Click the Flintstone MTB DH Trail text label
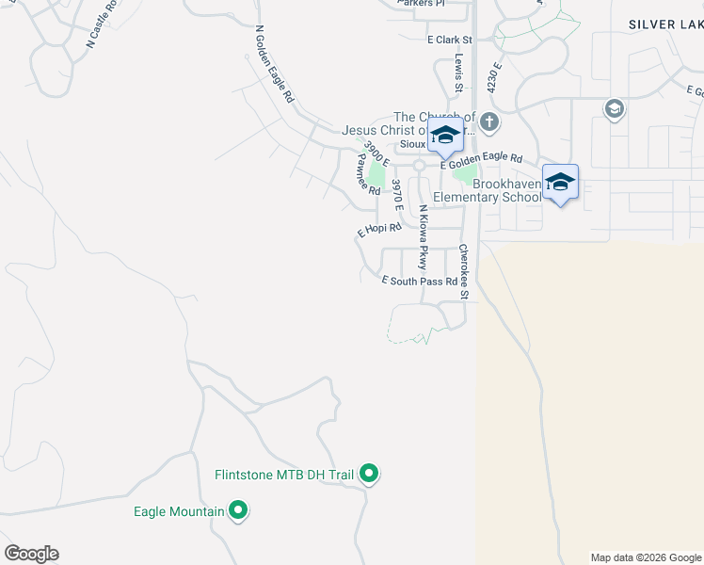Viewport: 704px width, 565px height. pos(283,476)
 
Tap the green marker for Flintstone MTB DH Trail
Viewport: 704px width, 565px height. pos(370,475)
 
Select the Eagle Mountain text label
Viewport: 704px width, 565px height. pos(179,512)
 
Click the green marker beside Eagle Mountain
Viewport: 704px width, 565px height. pos(238,511)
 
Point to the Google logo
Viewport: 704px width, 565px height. pos(31,554)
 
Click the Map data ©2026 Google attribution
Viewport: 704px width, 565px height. pos(646,557)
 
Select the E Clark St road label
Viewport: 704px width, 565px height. pos(448,40)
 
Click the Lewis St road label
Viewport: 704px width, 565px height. pos(459,72)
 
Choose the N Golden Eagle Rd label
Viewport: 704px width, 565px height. pos(275,64)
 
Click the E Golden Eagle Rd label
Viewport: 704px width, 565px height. pos(487,159)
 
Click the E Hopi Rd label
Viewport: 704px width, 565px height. pos(379,229)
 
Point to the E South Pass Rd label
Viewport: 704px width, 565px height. pos(420,281)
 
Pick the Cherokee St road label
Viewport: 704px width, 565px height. pos(463,272)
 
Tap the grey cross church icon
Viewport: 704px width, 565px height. pos(488,121)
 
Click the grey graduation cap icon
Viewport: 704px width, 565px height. pos(615,110)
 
